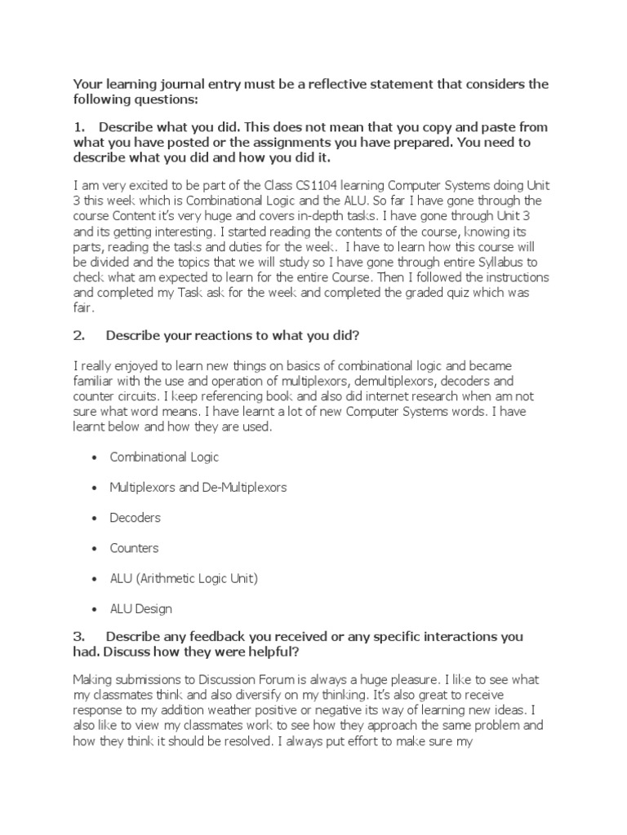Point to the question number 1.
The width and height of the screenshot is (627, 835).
(78, 127)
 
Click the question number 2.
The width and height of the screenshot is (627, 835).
(78, 337)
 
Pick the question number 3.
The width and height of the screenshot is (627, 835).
(78, 635)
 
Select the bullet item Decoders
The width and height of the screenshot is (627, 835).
(136, 518)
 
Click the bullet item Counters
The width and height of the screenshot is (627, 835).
(135, 548)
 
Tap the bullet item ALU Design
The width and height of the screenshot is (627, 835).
(141, 608)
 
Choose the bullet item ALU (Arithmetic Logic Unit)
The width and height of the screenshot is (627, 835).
(184, 578)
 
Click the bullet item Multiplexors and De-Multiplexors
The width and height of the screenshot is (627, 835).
(198, 487)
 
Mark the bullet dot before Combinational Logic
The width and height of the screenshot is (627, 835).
(95, 457)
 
